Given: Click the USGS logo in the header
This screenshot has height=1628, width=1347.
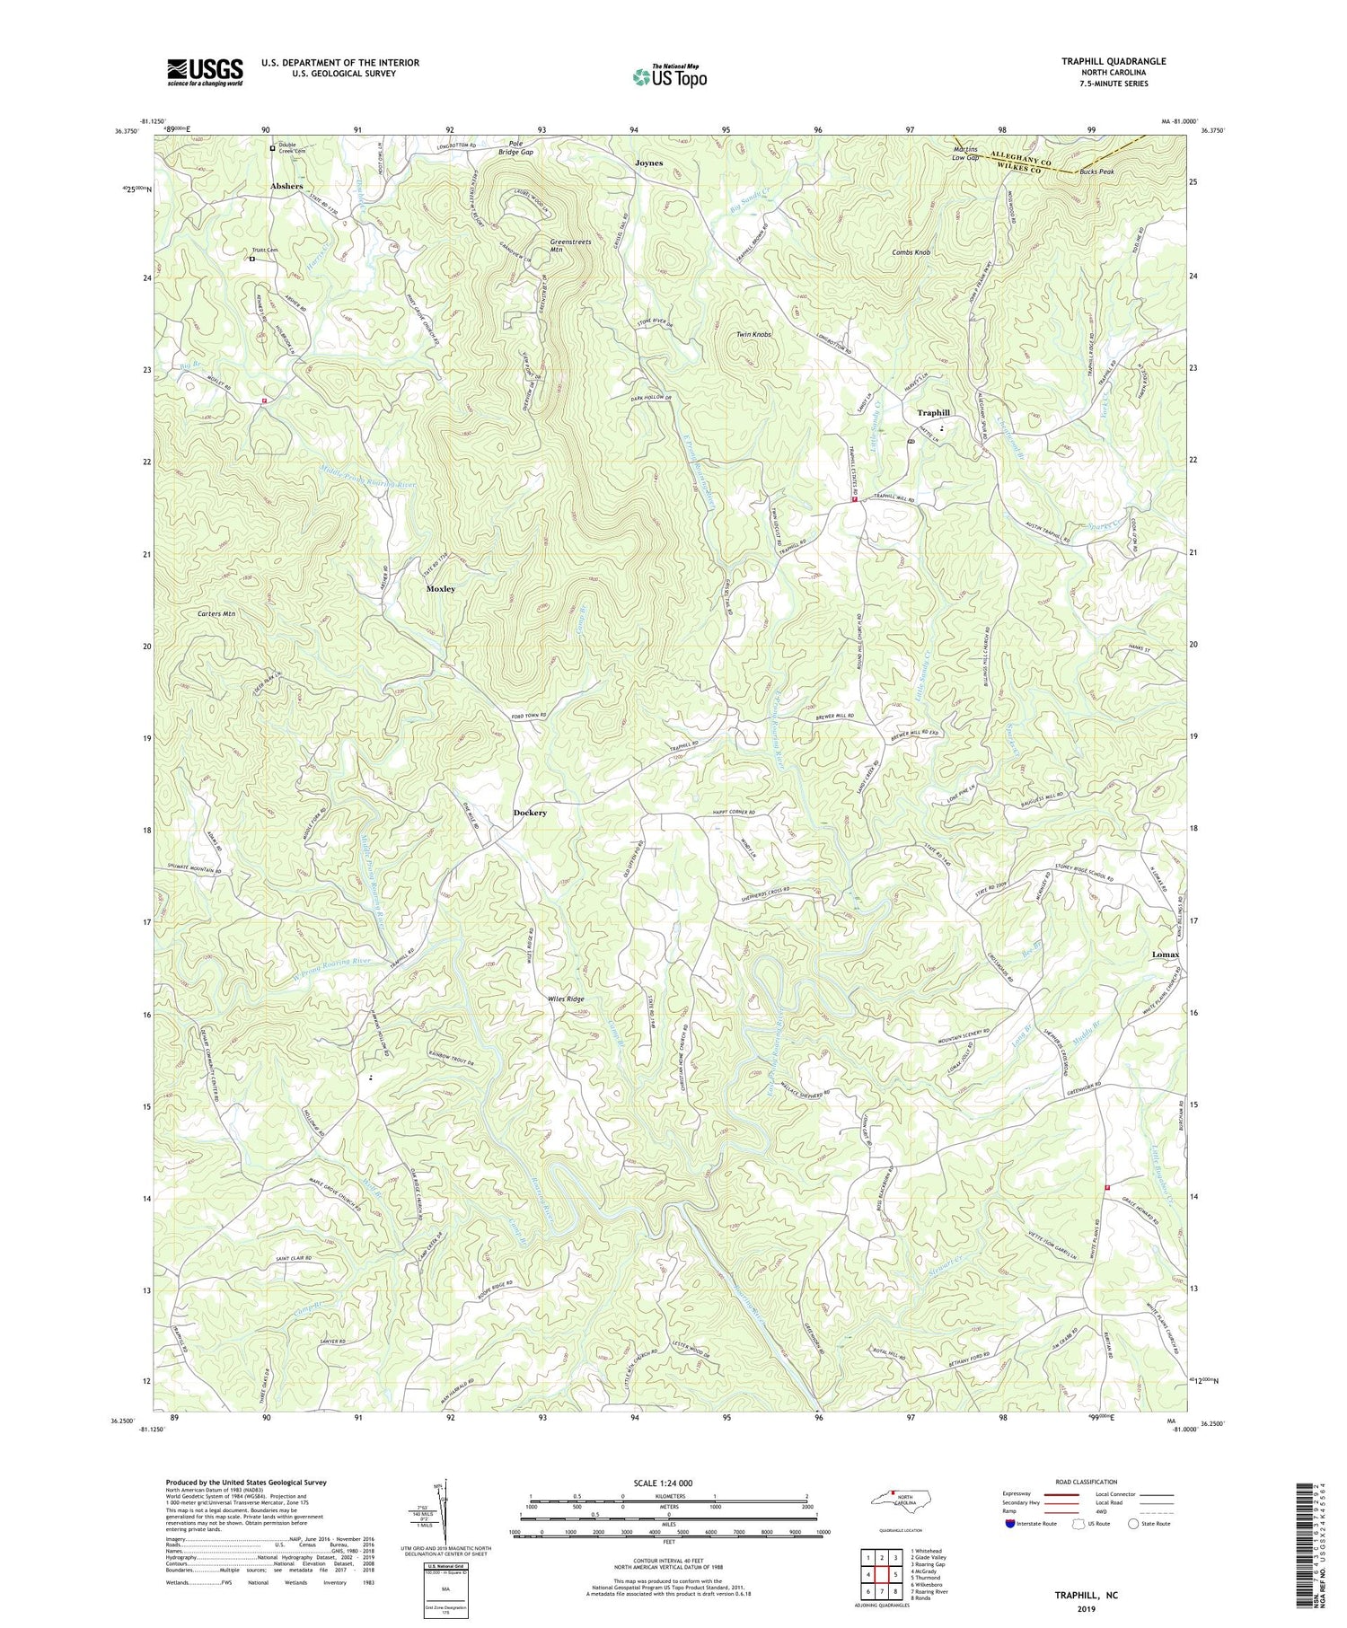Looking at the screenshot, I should click(205, 72).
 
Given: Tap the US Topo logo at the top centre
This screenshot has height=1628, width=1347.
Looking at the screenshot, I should click(669, 76).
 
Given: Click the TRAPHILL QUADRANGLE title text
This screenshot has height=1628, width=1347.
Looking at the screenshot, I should click(1114, 61).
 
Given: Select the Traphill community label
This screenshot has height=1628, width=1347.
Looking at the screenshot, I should click(933, 413).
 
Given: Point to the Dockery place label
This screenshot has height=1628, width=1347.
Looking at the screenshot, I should click(530, 813).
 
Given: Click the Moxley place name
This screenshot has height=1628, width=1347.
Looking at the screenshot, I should click(440, 589).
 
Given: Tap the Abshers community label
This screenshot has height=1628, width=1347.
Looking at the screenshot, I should click(286, 186).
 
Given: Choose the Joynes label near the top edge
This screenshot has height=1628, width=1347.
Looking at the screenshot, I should click(648, 163).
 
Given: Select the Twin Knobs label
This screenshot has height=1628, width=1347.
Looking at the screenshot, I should click(753, 334).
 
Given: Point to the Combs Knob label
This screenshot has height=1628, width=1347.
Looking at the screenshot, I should click(911, 252).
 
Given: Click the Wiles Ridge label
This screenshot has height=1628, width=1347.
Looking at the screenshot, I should click(566, 999).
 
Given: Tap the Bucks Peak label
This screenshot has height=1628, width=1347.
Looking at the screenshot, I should click(1096, 171).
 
